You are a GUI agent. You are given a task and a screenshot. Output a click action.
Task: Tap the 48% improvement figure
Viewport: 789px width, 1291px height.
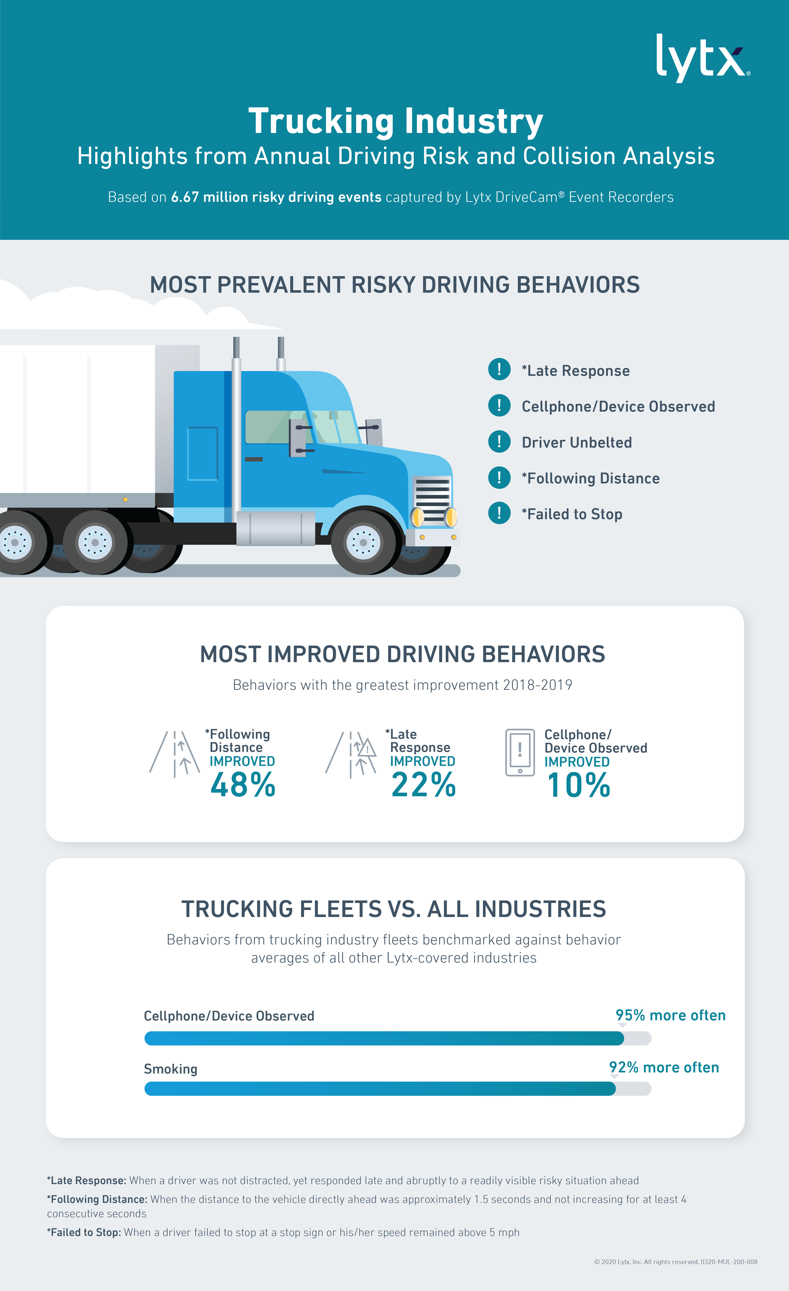pos(243,785)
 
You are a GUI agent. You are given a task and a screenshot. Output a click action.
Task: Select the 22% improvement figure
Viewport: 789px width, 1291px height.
pos(423,785)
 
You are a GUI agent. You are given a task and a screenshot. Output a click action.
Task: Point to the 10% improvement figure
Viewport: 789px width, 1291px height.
pos(578,785)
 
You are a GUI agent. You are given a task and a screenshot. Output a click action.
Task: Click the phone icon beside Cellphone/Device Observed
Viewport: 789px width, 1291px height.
pos(519,752)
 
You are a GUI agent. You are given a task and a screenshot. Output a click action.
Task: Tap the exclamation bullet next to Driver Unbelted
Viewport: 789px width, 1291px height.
pos(499,442)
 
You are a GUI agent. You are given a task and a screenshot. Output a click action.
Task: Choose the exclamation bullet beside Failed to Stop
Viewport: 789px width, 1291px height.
pos(499,514)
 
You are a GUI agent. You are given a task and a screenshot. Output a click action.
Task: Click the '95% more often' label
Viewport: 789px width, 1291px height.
pos(670,1015)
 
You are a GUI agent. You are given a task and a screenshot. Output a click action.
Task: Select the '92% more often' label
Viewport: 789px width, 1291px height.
pos(664,1067)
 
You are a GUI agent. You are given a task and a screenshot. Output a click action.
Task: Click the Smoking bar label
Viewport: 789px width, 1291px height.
pos(170,1069)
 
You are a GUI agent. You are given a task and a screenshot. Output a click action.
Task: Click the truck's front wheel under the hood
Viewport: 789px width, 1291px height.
pos(363,542)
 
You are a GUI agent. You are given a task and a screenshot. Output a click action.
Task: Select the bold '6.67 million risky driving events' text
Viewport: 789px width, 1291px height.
pos(276,197)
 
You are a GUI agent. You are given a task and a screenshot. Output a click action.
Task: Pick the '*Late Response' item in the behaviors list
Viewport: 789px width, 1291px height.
pos(576,370)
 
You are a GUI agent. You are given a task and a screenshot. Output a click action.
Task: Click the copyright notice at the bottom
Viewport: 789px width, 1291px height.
pos(675,1262)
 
